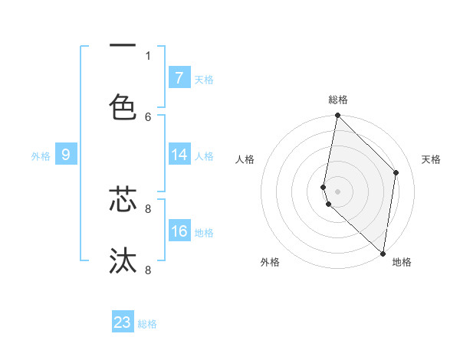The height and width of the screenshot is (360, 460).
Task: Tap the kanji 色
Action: (123, 106)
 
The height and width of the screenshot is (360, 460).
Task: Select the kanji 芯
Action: (123, 198)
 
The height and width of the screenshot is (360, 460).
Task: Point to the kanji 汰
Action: (123, 260)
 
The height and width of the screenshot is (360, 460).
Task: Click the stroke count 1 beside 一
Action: (148, 55)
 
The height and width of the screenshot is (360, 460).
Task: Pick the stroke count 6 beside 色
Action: (148, 116)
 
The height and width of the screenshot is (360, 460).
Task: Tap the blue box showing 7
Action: (179, 77)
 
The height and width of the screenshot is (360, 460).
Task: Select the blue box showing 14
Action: (179, 155)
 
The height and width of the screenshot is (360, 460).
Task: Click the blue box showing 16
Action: (179, 231)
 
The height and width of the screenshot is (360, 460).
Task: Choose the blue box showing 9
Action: (66, 155)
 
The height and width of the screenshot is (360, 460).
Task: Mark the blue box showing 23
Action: (123, 322)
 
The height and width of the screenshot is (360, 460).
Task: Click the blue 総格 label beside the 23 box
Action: (147, 324)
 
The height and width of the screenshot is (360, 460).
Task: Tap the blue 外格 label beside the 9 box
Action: (41, 156)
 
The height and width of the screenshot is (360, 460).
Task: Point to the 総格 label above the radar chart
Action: (337, 100)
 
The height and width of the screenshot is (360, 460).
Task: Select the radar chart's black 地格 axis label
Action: (402, 262)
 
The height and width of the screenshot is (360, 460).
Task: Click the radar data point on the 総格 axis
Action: (337, 116)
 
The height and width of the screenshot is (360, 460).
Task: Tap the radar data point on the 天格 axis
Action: (396, 172)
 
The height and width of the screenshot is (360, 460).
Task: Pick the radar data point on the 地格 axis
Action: (383, 253)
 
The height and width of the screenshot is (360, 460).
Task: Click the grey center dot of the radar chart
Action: (337, 191)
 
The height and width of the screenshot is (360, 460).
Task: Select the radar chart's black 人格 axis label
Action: (245, 159)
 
